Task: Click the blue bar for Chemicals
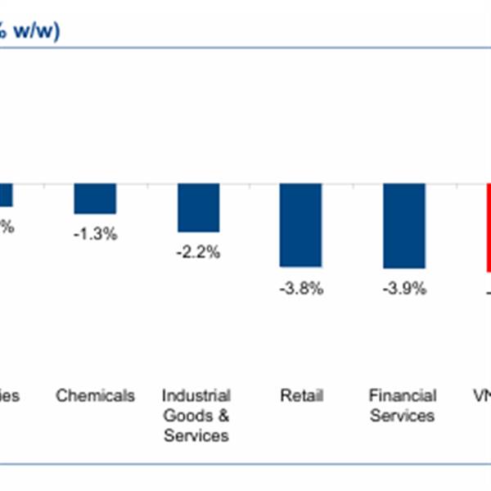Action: pyautogui.click(x=95, y=198)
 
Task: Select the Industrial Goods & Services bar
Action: pyautogui.click(x=198, y=207)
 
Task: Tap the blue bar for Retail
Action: pyautogui.click(x=300, y=225)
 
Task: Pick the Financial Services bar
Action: pyautogui.click(x=403, y=226)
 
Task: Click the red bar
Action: pyautogui.click(x=489, y=227)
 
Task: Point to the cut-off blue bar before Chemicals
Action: pyautogui.click(x=6, y=195)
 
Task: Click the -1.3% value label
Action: pyautogui.click(x=95, y=234)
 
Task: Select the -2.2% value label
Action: pyautogui.click(x=198, y=253)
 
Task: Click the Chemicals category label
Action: pyautogui.click(x=95, y=396)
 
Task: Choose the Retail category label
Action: pyautogui.click(x=300, y=396)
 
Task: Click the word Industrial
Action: pyautogui.click(x=196, y=396)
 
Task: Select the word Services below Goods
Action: pyautogui.click(x=196, y=435)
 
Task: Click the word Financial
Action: pyautogui.click(x=403, y=396)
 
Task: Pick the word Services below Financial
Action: pyautogui.click(x=403, y=416)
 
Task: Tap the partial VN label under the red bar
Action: pyautogui.click(x=483, y=396)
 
